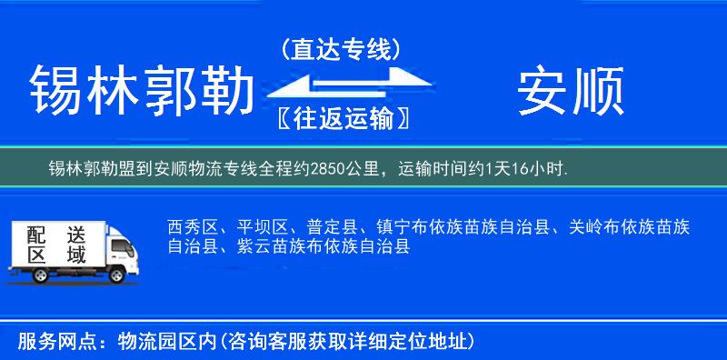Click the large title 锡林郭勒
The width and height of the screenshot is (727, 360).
pos(141,91)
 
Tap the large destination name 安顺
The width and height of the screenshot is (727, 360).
pos(571,91)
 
